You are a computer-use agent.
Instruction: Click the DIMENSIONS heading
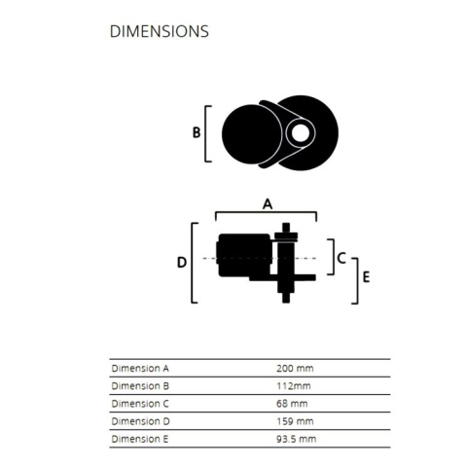tap(160, 31)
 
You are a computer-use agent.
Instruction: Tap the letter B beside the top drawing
tap(197, 132)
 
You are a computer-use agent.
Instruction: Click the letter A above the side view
tap(268, 204)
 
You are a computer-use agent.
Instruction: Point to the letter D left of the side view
tap(182, 262)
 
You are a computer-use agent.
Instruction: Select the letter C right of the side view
tap(341, 258)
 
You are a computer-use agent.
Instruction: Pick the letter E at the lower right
tap(366, 277)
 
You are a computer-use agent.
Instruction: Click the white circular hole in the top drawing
tap(301, 133)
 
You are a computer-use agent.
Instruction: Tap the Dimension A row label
tap(140, 369)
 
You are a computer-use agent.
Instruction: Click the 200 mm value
tap(295, 369)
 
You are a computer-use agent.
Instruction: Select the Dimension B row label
tap(140, 386)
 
